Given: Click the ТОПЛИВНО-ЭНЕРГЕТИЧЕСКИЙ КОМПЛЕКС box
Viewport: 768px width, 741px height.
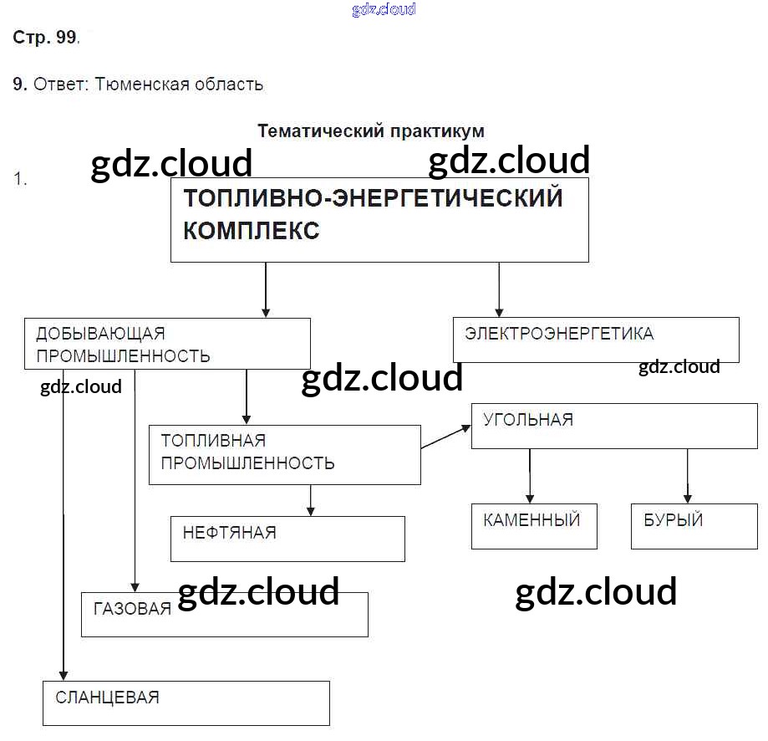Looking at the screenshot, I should point(379,219).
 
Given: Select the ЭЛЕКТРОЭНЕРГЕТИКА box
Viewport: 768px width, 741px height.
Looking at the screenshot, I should point(595,339).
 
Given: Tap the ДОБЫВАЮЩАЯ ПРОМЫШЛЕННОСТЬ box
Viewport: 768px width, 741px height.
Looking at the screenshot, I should point(167,343).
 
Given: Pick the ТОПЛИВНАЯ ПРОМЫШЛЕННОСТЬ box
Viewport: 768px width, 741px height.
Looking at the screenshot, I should point(284,454).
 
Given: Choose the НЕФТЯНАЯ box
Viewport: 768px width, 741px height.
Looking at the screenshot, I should point(287,538).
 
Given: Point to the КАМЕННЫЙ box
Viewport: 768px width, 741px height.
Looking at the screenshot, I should point(533,525).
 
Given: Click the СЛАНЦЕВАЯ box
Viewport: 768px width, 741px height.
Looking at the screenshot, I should point(186,703).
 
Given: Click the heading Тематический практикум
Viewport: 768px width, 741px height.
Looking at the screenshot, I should point(370,131).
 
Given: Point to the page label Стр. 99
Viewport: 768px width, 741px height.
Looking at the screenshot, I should point(46,38).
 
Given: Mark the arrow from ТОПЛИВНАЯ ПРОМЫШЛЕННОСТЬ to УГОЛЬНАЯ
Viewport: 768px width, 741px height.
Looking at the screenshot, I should point(446,437).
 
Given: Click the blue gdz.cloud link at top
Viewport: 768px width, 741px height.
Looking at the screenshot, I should point(384,10).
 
